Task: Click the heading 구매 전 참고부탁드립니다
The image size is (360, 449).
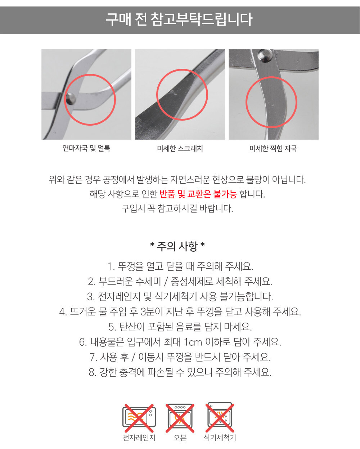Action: [179, 19]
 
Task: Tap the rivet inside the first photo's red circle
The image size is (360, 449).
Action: [71, 99]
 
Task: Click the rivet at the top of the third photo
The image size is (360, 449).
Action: [265, 55]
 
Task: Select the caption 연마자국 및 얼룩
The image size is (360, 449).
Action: [86, 148]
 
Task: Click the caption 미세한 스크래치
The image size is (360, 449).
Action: [180, 148]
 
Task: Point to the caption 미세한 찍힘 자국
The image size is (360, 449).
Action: [273, 148]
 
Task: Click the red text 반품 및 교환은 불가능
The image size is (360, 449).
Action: [198, 194]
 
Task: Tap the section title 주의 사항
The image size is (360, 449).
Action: [177, 246]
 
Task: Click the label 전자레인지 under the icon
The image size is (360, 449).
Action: [139, 438]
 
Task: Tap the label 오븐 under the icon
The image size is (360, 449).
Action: [180, 438]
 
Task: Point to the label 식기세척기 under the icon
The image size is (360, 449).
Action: [220, 438]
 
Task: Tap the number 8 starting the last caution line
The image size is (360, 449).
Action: [92, 372]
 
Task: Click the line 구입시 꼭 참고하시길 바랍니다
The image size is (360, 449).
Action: [177, 208]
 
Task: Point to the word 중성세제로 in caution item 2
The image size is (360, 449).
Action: [192, 282]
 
